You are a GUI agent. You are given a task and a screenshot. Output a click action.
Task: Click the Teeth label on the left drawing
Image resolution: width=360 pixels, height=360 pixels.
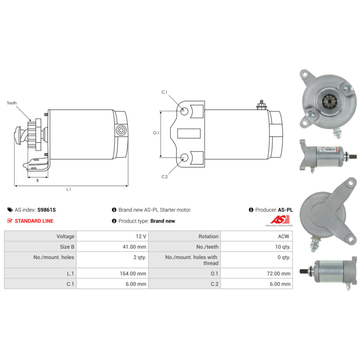pos(12,103)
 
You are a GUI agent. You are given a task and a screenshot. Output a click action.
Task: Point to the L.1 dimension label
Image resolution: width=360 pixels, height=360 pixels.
pos(69,189)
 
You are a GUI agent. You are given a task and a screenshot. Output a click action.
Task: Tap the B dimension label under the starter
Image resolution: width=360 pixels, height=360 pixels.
pos(37,180)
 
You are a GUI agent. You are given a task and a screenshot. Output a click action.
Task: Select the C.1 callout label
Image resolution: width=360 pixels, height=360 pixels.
pos(164,93)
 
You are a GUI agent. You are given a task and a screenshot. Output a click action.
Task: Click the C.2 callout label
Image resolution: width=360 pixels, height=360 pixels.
pos(165,176)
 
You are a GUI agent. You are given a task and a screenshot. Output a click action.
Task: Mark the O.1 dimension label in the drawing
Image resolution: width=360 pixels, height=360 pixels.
pos(156,133)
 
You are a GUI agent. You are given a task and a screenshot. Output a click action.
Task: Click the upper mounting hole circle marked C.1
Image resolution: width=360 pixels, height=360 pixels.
pos(184,110)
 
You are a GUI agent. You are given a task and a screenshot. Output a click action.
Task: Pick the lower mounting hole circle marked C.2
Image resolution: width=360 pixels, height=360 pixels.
pos(184,157)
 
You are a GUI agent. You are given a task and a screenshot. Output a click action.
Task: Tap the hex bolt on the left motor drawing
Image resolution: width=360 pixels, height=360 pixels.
pos(121,130)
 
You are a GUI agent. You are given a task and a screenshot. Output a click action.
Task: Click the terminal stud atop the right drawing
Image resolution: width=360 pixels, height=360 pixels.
pos(261,105)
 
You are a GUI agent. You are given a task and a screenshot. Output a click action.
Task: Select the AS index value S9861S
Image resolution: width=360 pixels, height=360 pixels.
pos(47,210)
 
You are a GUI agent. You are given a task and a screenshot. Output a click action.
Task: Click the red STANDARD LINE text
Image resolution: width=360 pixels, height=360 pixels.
pos(34,221)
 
